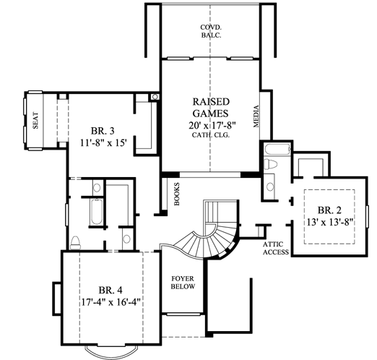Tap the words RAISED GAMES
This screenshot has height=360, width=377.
(210, 108)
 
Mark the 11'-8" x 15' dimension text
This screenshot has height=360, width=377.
(104, 142)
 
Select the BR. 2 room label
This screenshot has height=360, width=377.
(329, 209)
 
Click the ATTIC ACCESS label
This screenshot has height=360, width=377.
(275, 248)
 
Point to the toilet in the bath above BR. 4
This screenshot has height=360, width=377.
(77, 241)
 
